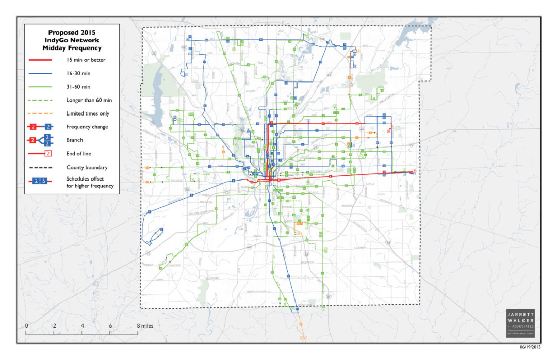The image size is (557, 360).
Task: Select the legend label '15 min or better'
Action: point(86,60)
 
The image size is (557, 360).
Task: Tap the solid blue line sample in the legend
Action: point(40,74)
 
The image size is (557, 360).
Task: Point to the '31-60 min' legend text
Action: point(78,87)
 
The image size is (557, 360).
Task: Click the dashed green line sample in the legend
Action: point(40,101)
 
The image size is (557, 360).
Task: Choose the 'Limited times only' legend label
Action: point(88,113)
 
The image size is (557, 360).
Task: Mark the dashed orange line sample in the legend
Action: point(40,114)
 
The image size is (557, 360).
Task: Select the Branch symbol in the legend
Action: point(40,140)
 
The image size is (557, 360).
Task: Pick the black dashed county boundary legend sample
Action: point(40,167)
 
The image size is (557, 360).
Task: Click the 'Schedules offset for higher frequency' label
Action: point(90,182)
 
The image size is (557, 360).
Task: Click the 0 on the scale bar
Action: point(26,326)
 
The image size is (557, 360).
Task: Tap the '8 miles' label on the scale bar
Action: point(144,326)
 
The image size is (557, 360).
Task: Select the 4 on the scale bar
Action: point(82,326)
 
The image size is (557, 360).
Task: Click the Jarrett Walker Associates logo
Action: point(520,323)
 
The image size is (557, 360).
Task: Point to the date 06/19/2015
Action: point(530,347)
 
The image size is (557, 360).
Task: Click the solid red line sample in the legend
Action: point(40,60)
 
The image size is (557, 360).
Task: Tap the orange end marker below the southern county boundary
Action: point(304,337)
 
